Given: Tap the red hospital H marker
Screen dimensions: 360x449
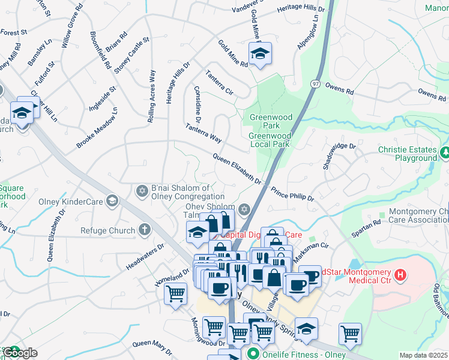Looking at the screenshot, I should click(400, 276).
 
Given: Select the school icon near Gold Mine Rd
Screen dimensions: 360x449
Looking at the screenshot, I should click(259, 54).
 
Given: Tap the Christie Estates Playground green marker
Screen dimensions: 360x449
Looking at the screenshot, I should click(445, 154).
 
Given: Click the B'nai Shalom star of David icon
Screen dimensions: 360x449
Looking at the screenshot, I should click(142, 191).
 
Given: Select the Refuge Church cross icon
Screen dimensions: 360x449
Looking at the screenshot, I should click(143, 230).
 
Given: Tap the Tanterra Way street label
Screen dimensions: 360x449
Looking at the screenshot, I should click(203, 133).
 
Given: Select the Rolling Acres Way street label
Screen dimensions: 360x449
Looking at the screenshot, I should click(152, 97).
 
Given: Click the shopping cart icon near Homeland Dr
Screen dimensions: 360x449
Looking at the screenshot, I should click(175, 294).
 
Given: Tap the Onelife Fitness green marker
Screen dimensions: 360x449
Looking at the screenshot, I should click(253, 355).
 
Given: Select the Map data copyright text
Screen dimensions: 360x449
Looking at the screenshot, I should click(423, 355).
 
